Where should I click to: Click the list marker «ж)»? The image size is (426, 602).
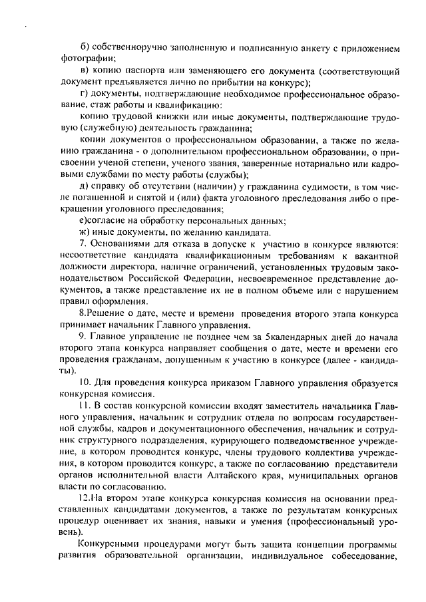tap(84, 233)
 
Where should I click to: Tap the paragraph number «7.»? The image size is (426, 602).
tap(82, 245)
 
